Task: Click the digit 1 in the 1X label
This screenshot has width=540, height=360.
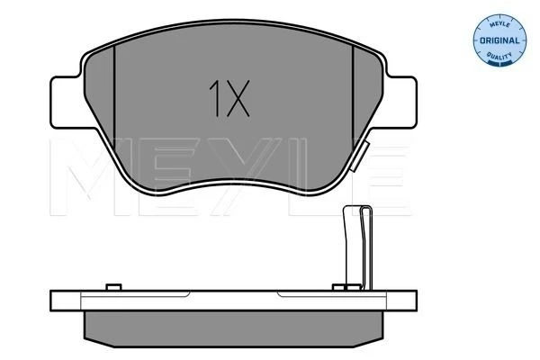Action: click(x=215, y=98)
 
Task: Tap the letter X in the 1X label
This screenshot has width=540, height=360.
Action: click(x=237, y=98)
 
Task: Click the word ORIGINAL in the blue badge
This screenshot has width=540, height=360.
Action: click(x=499, y=40)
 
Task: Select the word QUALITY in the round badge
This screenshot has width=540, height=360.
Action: click(x=499, y=56)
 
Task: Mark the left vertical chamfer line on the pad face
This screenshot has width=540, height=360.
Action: click(x=113, y=96)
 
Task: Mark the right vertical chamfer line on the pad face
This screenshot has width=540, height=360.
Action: click(x=353, y=96)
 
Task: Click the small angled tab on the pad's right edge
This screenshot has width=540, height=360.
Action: click(x=359, y=156)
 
